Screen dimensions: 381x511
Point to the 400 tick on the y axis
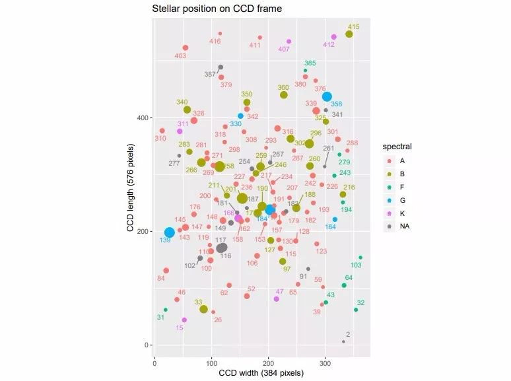[x=143, y=118]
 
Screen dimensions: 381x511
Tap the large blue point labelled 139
[x=170, y=232]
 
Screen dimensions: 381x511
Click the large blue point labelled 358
[x=327, y=96]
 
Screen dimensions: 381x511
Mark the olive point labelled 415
[x=349, y=34]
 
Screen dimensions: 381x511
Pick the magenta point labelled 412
[x=334, y=37]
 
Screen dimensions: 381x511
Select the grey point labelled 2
[x=343, y=341]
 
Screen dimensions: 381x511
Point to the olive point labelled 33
[x=203, y=309]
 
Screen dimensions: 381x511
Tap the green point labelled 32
[x=356, y=310]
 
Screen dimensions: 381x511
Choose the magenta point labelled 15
[x=184, y=320]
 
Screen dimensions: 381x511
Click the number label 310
[x=160, y=139]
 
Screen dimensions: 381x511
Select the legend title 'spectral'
[x=397, y=146]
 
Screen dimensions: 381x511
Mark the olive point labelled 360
[x=284, y=95]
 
